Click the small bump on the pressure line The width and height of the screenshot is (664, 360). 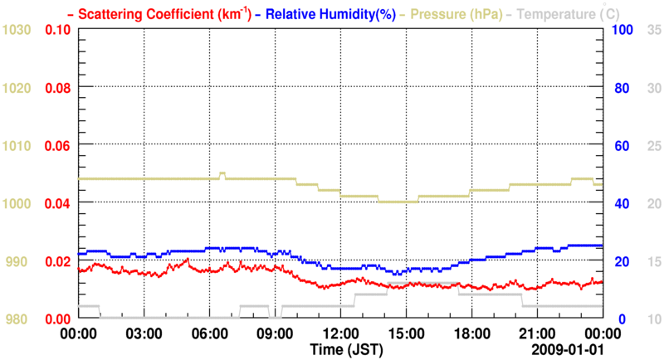click(x=222, y=174)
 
